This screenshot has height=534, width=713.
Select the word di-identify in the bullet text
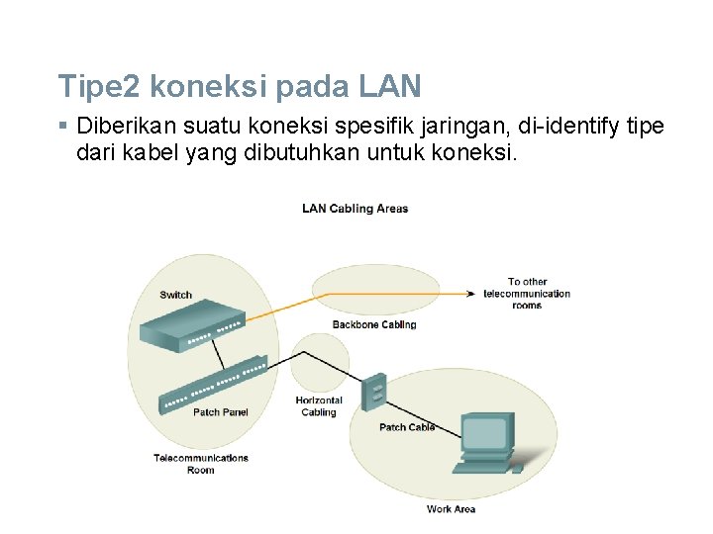point(565,127)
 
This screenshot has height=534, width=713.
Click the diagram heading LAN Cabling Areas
point(355,209)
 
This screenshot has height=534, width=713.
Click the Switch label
point(175,295)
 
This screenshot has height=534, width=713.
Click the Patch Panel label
point(220,412)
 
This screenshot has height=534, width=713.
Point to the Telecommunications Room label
point(201,464)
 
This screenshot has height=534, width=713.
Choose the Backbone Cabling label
point(373,324)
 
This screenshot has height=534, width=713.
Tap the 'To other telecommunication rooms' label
point(527,294)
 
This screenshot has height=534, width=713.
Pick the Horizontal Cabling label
point(319,406)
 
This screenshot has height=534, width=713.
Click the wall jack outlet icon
point(373,393)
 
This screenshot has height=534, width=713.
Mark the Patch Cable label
point(406,427)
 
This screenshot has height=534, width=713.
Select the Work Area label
point(451,509)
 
